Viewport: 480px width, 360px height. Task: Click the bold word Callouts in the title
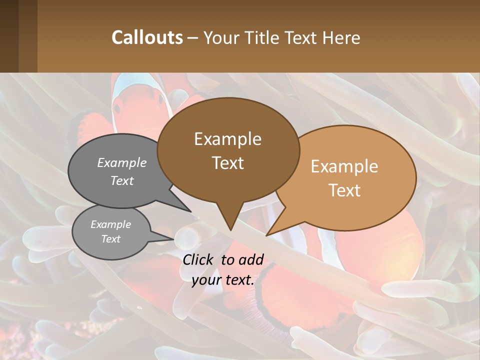click(x=147, y=37)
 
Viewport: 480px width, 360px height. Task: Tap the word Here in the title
click(x=342, y=37)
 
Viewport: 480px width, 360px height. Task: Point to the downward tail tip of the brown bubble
click(x=230, y=230)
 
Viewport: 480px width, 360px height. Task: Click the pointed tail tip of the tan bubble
click(x=266, y=235)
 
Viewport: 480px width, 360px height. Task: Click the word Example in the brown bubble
click(x=227, y=139)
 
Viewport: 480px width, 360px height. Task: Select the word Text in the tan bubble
click(x=345, y=190)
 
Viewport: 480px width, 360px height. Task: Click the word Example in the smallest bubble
click(x=110, y=224)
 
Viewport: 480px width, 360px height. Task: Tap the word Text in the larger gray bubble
click(x=122, y=181)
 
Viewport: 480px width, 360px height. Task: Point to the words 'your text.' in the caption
click(x=223, y=280)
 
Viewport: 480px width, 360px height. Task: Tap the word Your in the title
click(x=222, y=37)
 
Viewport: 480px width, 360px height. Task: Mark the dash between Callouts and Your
click(x=193, y=38)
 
